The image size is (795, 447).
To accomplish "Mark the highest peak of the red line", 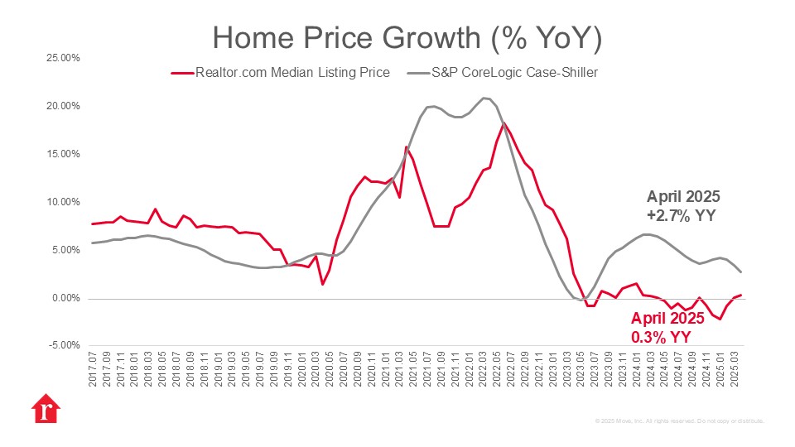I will tap(503, 123).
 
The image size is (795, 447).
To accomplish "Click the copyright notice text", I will tap(679, 421).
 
